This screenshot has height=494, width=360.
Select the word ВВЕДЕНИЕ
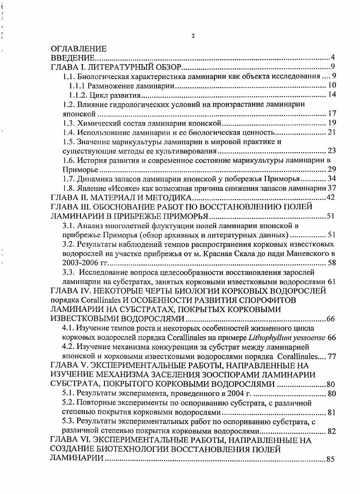click(72, 58)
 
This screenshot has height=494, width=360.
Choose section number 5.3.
click(68, 421)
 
